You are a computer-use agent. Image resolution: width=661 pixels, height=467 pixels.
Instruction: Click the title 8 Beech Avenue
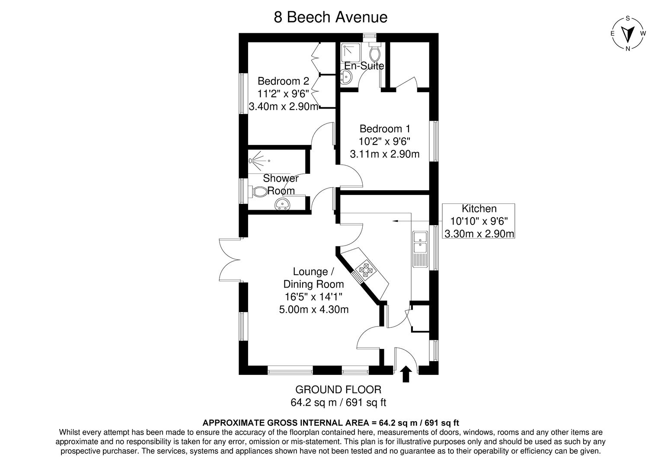pos(330,17)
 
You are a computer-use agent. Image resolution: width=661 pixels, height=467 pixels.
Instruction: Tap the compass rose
pos(628,34)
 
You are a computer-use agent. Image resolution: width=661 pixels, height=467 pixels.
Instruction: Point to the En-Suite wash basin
pos(345,77)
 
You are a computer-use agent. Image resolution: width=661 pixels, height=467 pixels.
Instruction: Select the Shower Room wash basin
pos(283,204)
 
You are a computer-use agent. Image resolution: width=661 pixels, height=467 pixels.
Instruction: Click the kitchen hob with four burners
pos(363,269)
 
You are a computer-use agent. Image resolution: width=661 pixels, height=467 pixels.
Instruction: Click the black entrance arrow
pos(406,374)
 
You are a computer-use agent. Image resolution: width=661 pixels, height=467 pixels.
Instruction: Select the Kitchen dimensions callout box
pos(479,221)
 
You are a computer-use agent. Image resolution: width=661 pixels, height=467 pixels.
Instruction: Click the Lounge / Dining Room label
pos(313,278)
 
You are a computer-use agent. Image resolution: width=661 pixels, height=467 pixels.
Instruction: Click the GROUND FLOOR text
pos(338,390)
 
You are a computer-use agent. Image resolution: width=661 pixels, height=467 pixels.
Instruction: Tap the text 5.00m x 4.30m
pos(314,309)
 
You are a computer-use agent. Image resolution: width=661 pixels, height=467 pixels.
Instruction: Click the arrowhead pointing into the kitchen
pos(395,221)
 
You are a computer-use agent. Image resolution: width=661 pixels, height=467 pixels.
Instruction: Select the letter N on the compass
pos(628,49)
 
